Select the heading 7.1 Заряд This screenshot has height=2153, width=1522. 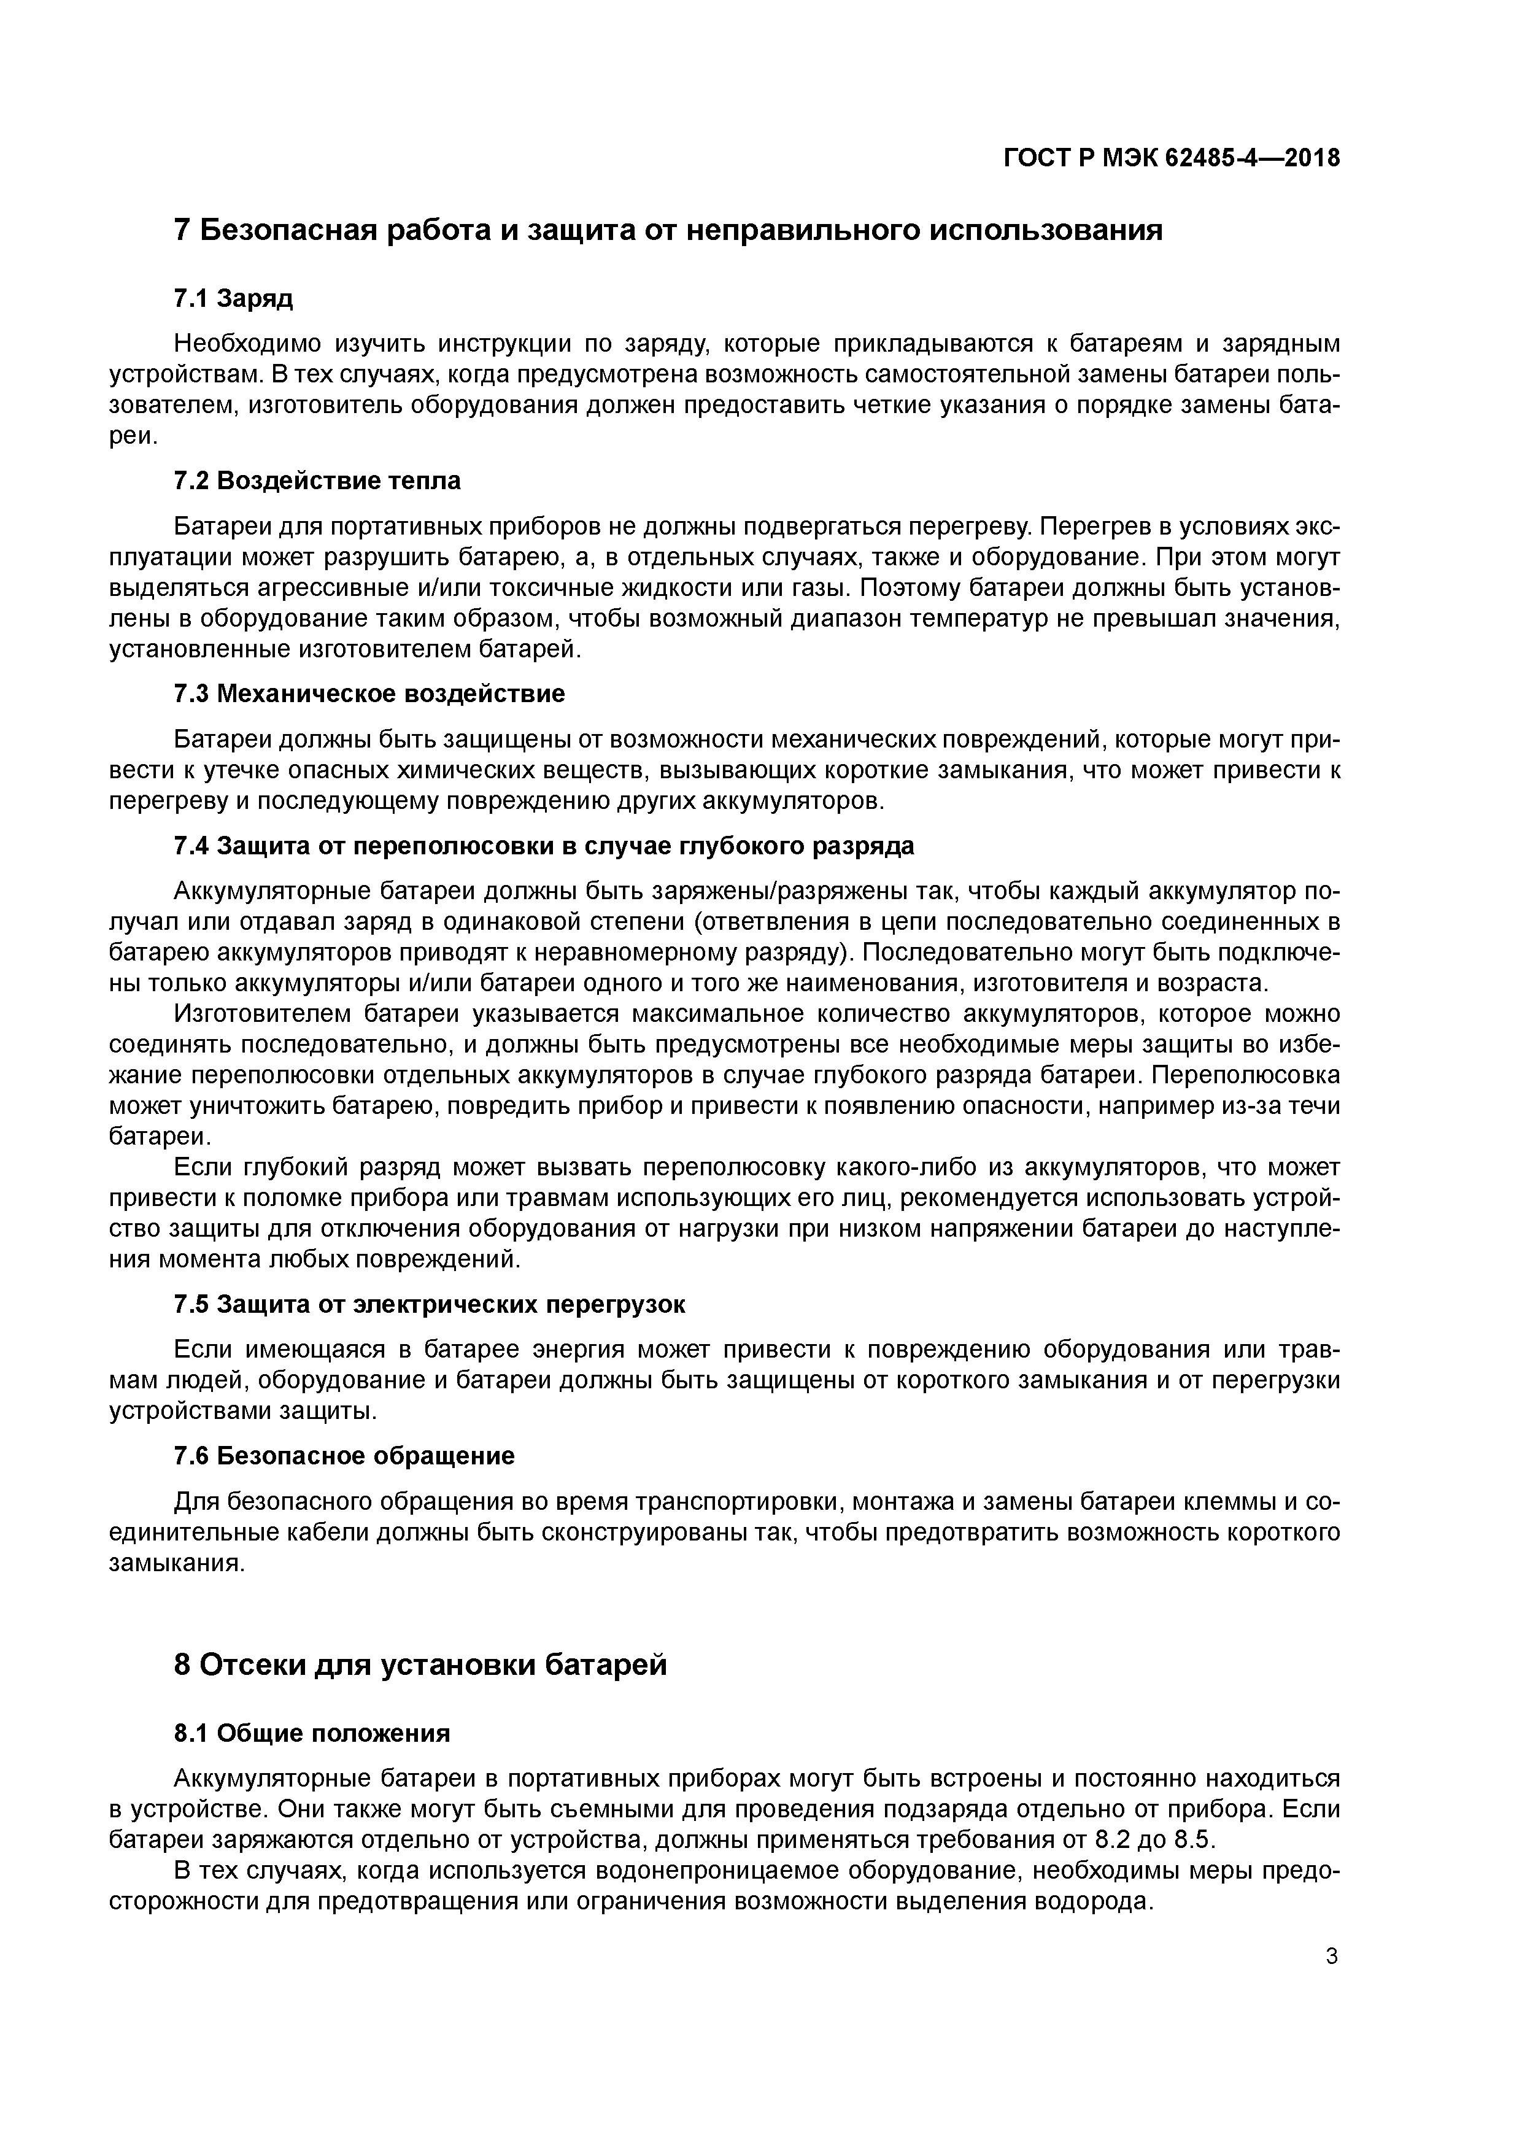coord(233,298)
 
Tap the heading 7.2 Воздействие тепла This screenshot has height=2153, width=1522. coord(317,481)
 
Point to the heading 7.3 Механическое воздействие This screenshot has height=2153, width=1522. coord(369,694)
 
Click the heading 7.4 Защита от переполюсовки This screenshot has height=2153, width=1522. coord(544,846)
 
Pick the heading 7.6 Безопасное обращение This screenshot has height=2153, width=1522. coord(344,1456)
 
